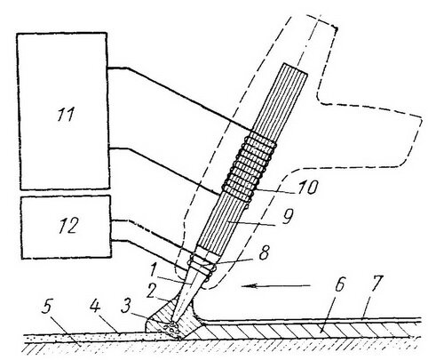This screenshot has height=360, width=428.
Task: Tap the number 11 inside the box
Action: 66,115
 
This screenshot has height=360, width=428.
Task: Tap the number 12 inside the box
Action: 68,226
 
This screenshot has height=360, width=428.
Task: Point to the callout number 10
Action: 308,187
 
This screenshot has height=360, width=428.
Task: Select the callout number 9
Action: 287,217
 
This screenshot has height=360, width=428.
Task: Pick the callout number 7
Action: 374,284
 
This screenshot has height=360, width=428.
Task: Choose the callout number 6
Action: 339,285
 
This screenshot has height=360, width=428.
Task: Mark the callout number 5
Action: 47,308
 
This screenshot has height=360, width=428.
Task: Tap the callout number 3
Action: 126,307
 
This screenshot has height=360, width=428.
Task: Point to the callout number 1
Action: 153,269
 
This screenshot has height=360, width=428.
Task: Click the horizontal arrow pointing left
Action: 276,285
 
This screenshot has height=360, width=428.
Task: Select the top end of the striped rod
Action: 295,68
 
